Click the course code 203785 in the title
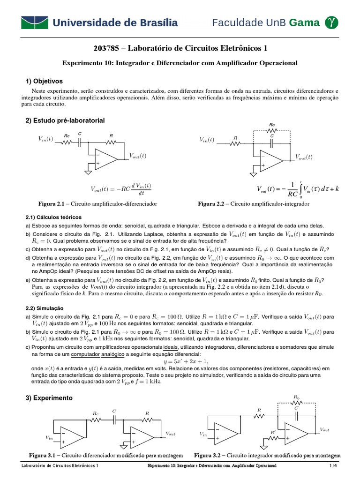107,48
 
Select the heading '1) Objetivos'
45,81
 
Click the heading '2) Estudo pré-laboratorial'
65,120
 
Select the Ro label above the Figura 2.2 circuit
272,125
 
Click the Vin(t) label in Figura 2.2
207,140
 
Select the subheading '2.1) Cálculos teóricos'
53,217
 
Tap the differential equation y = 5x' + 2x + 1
180,361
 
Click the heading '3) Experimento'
49,397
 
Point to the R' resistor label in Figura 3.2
273,432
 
